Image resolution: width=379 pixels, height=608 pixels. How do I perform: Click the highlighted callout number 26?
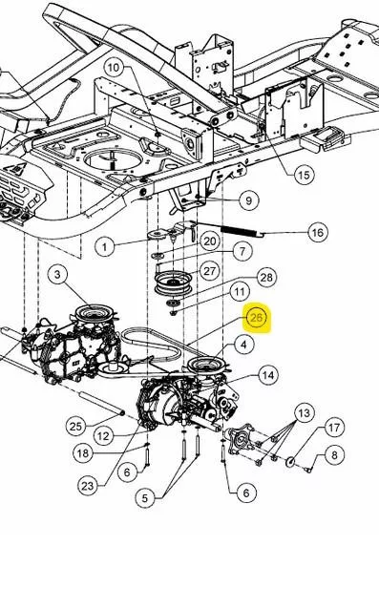257,318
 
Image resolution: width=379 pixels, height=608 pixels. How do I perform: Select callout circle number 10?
114,68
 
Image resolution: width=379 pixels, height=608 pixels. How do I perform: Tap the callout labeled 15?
304,175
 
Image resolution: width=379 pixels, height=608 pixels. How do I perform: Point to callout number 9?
248,200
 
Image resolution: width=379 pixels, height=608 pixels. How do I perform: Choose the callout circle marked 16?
317,232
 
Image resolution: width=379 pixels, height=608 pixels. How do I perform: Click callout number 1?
105,246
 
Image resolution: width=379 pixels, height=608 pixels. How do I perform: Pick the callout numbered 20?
210,241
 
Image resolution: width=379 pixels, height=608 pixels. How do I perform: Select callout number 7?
242,251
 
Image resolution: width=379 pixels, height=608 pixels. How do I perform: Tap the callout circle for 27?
209,271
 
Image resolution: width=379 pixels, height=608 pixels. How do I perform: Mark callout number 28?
266,278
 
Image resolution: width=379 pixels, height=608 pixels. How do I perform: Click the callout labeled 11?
240,292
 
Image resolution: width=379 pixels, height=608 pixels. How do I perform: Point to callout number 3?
57,275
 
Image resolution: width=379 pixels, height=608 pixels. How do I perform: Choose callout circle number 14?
267,375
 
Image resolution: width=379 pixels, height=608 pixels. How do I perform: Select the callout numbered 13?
305,413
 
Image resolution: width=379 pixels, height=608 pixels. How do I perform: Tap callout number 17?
334,428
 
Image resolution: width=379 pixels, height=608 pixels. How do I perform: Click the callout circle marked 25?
75,427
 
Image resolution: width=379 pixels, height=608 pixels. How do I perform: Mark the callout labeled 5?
145,498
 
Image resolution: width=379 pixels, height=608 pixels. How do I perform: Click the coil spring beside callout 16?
239,231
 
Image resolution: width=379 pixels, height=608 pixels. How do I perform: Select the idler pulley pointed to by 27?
173,282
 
